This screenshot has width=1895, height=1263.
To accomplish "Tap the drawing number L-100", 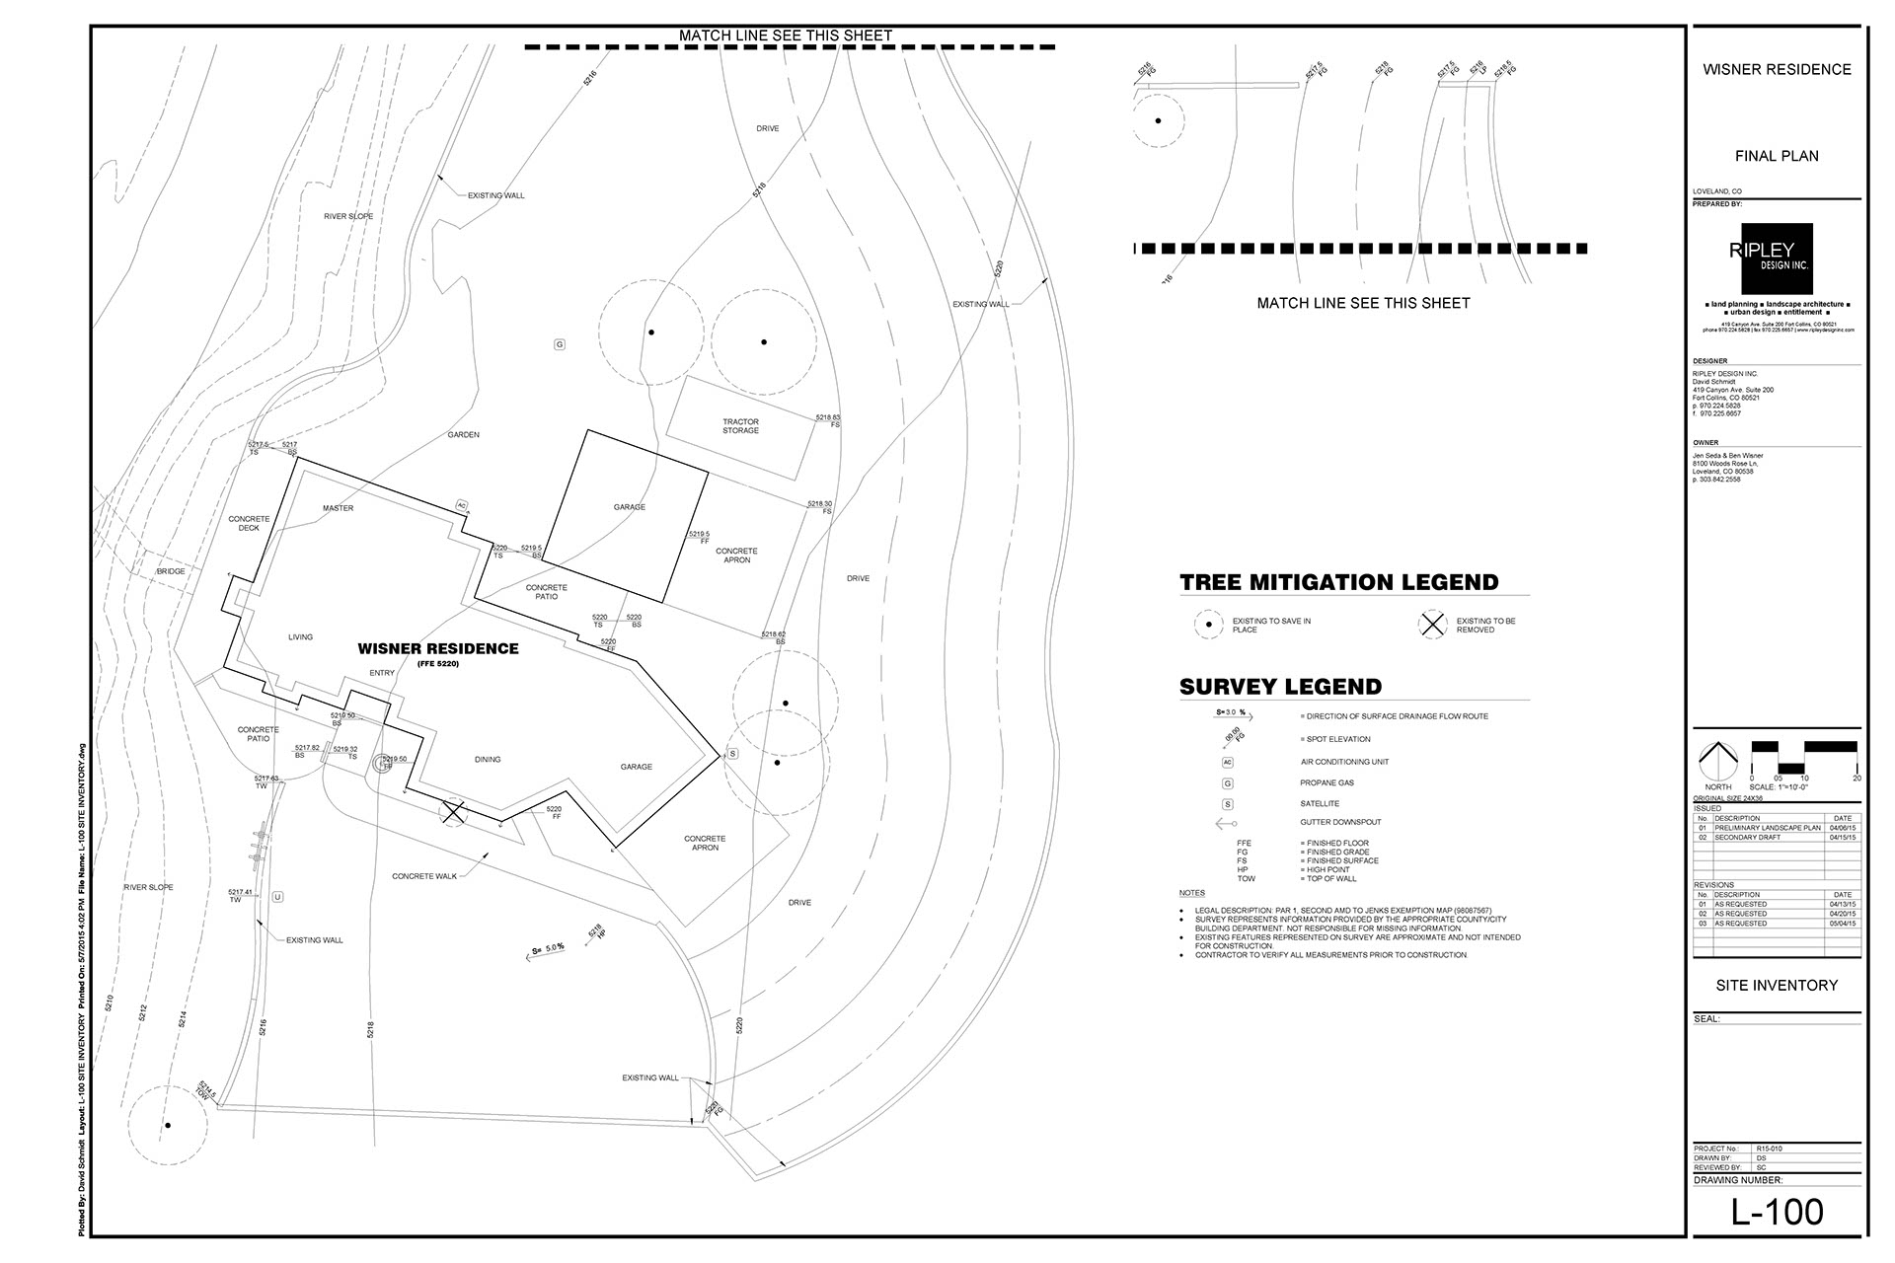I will click(x=1778, y=1212).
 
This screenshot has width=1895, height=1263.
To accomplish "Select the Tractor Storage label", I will click(x=740, y=426).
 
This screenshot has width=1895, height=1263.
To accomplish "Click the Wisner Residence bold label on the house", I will click(x=437, y=649).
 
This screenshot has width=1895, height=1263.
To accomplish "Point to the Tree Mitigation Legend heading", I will click(x=1338, y=582).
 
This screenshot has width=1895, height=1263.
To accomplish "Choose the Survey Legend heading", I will click(x=1280, y=687).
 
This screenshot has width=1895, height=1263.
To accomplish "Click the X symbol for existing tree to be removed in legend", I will click(x=1432, y=625).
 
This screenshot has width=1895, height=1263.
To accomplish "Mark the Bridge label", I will click(x=171, y=572).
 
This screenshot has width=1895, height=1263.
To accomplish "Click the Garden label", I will click(x=463, y=434).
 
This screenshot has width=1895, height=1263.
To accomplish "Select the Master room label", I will click(x=338, y=508).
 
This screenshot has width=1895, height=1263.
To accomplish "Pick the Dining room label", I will click(x=488, y=760).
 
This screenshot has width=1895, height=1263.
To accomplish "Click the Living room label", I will click(x=300, y=637).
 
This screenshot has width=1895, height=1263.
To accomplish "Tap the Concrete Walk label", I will click(x=424, y=876).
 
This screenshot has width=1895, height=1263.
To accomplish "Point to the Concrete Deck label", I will click(x=249, y=523).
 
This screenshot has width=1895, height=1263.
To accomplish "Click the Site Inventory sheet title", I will click(x=1777, y=985).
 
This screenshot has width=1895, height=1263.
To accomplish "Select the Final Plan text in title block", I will click(x=1777, y=156).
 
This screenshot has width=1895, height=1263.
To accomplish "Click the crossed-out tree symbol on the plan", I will click(x=453, y=812).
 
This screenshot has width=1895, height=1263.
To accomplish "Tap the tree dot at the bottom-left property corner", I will click(x=168, y=1125).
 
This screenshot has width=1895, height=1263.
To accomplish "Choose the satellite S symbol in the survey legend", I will click(x=1228, y=804).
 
